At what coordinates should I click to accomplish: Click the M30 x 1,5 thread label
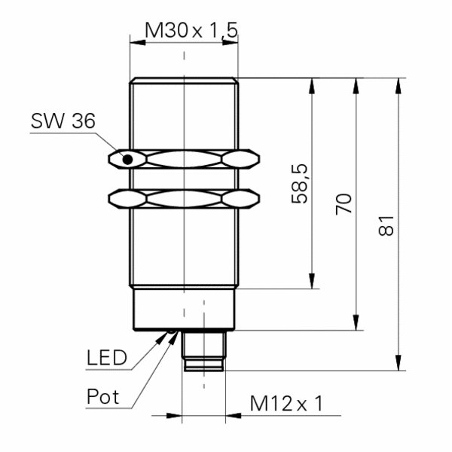pos(191,30)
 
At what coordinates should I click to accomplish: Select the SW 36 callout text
pos(63,121)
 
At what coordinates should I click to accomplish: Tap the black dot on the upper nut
pos(128,160)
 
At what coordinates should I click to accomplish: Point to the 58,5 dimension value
pos(300,184)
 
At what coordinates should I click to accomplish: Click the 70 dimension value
pos(344,204)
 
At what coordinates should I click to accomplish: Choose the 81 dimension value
pos(386,226)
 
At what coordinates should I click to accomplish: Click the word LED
pos(107,357)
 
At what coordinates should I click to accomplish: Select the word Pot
pos(102,396)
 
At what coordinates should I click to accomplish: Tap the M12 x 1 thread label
pos(287,403)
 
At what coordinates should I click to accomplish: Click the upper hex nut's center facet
pos(185,159)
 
